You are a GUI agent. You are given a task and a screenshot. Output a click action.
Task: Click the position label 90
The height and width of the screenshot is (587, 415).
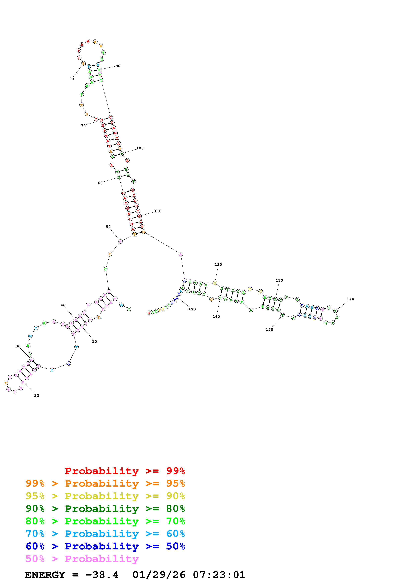point(118,66)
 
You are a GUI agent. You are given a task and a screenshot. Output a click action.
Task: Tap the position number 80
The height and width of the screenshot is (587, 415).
point(72,79)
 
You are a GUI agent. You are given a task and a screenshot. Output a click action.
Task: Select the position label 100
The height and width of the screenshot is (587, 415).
point(140,148)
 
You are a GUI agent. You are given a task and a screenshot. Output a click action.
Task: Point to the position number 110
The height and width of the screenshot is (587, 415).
point(158,211)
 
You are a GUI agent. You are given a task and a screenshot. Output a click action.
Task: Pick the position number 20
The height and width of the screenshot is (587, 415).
point(36,396)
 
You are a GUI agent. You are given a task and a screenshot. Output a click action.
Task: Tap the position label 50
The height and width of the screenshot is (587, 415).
point(108,227)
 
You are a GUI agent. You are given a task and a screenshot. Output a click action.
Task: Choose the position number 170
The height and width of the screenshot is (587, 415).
point(192,309)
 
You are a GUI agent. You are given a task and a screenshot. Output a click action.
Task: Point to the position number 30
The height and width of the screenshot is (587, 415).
point(18,346)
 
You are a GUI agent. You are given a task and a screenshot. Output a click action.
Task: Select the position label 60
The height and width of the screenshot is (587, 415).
point(100,183)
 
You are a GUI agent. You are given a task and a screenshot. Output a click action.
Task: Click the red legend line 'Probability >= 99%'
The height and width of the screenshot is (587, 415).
point(125,471)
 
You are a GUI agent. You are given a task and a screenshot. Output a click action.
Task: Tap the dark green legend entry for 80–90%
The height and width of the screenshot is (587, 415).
point(105,509)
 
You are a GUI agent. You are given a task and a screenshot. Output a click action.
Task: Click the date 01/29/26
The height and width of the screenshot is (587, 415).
point(159,575)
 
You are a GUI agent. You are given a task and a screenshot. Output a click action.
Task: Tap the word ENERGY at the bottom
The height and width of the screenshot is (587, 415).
point(45,575)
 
